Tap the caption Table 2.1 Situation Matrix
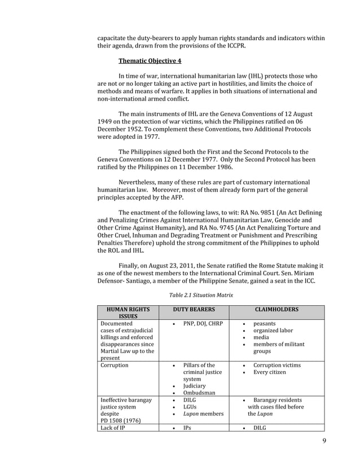(x=201, y=294)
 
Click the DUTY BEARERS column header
(x=194, y=310)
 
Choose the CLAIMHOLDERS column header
(x=277, y=310)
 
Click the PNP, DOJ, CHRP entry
(x=200, y=324)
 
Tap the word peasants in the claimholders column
(x=265, y=324)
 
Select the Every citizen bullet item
(x=270, y=372)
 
